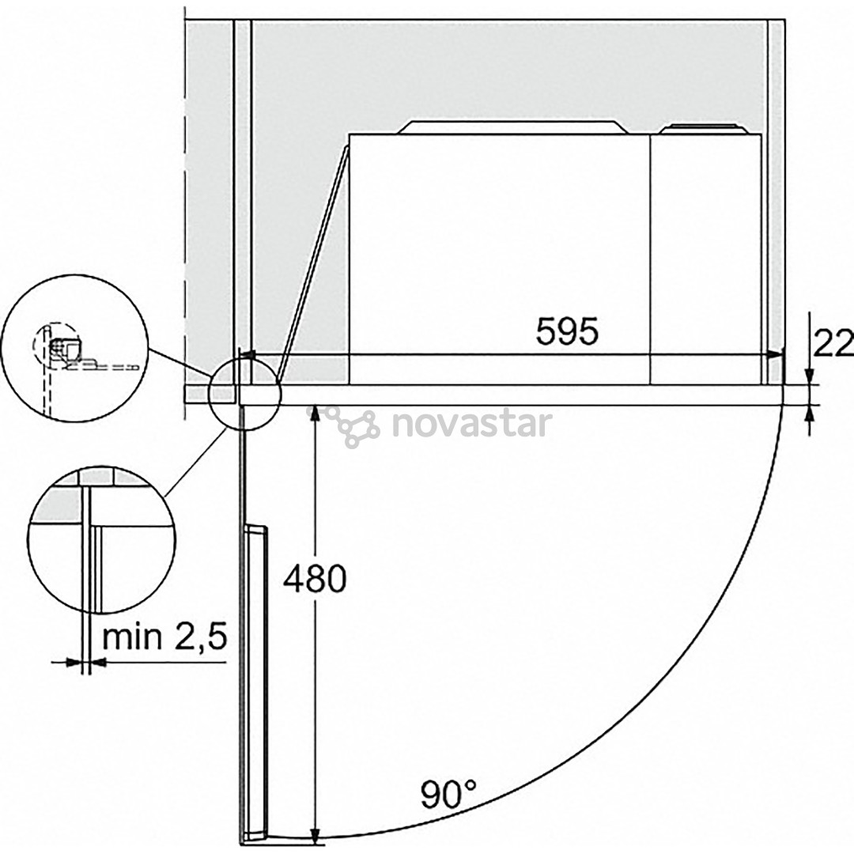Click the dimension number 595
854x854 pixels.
click(567, 331)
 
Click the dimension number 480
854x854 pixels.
click(316, 579)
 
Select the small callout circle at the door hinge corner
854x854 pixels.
click(244, 393)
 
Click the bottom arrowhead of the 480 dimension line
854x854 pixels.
click(316, 836)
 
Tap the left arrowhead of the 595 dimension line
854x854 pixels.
click(246, 356)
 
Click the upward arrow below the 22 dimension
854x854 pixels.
click(809, 416)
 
